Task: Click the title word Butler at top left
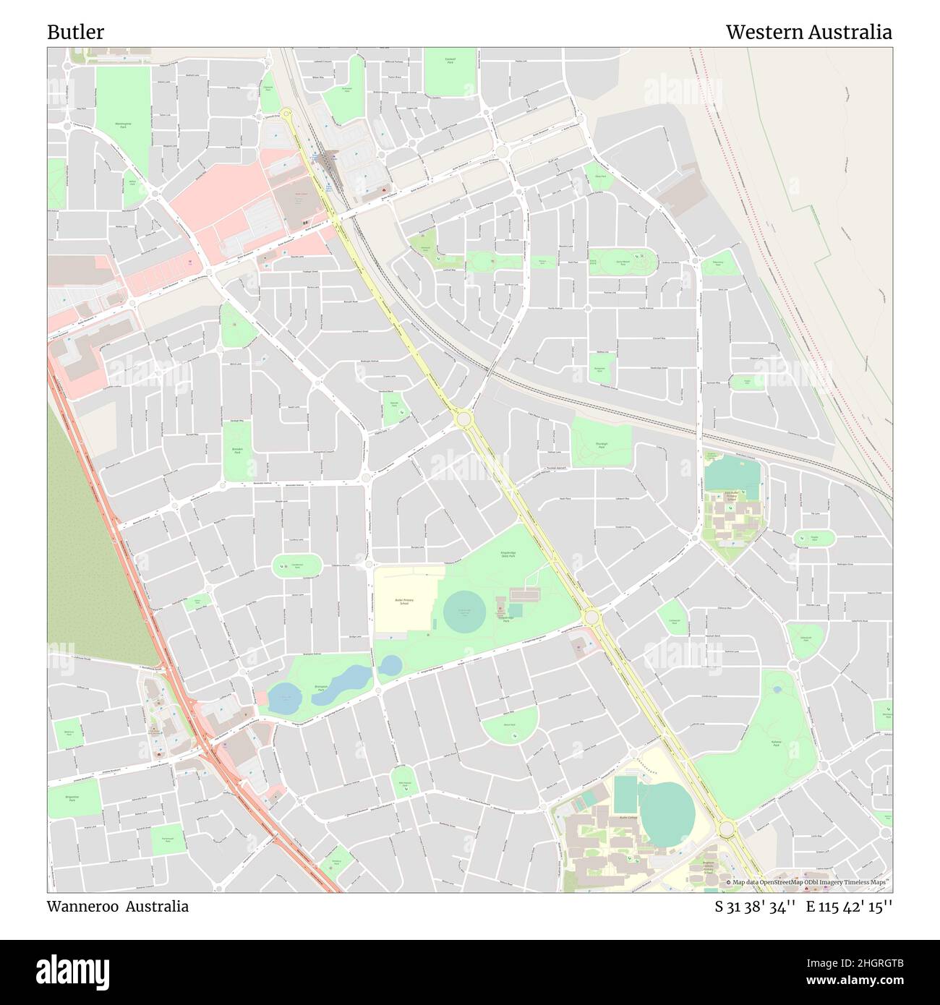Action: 75,33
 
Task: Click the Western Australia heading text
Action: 808,33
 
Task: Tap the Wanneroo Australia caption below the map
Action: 118,907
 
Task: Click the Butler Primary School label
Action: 403,602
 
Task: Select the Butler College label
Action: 628,818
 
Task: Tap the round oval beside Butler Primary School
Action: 465,613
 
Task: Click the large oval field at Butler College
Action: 667,811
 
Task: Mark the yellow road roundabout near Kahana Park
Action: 727,829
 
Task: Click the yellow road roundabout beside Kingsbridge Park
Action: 591,617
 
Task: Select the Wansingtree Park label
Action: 121,125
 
